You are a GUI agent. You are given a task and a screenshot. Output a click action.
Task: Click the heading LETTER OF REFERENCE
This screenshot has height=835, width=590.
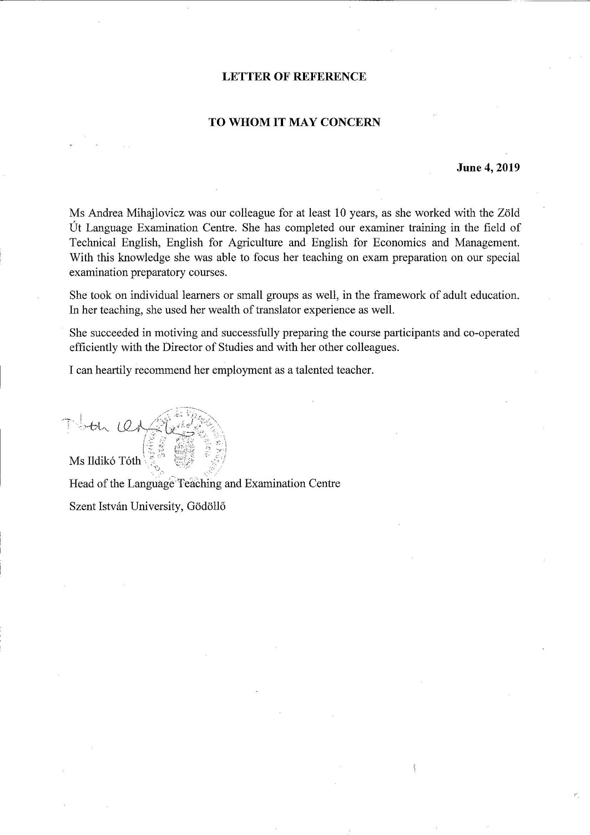tap(294, 77)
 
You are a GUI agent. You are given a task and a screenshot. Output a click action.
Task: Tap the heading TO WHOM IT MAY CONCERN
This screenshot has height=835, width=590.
tap(294, 123)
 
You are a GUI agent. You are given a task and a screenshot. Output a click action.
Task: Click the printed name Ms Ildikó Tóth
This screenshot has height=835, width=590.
tap(105, 461)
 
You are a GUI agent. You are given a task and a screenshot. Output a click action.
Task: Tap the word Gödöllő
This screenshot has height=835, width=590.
tap(207, 506)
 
